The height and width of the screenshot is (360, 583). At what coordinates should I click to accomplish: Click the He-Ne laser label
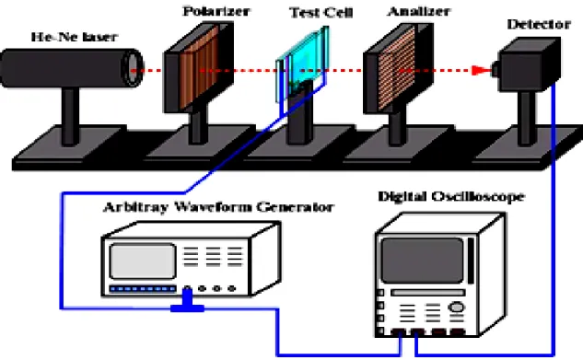(75, 37)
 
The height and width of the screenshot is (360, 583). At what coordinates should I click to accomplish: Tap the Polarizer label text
(216, 11)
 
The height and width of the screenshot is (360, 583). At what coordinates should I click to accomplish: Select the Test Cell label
(321, 13)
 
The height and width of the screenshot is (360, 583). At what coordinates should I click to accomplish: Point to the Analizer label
(419, 11)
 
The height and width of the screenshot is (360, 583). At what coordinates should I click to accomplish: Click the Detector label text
(539, 24)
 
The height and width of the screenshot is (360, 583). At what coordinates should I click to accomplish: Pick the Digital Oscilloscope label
(451, 196)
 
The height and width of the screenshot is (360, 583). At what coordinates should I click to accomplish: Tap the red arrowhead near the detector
(481, 70)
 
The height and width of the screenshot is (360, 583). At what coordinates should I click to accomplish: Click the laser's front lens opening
(132, 69)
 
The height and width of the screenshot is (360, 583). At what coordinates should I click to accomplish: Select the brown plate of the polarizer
(199, 67)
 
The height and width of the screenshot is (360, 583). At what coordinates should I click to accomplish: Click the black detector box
(529, 64)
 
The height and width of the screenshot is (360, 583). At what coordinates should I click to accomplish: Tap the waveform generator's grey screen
(143, 261)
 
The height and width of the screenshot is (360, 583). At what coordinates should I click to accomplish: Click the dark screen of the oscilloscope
(423, 261)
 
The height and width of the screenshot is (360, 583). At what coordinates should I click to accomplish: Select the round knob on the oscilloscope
(457, 308)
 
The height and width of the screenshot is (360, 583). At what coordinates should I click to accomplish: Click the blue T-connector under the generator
(187, 302)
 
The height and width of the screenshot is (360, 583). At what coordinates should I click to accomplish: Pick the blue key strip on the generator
(143, 289)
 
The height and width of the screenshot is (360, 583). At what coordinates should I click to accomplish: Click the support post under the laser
(70, 116)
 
